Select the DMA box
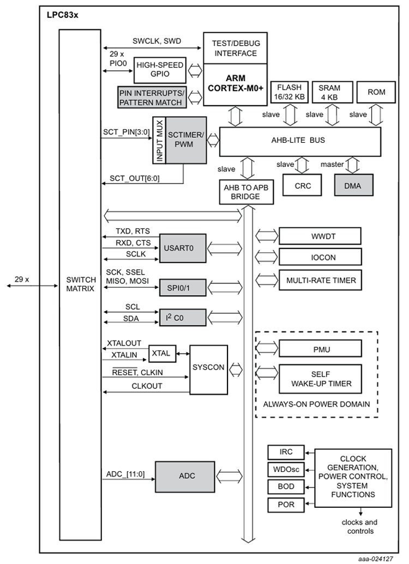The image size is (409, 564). [x=354, y=186]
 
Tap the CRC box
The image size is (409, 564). [x=303, y=186]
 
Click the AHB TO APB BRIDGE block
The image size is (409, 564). [x=246, y=191]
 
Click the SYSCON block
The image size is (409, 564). [x=208, y=368]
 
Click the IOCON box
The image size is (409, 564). [x=320, y=257]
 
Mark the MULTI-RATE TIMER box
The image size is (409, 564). [x=320, y=281]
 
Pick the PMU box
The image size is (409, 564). [x=320, y=348]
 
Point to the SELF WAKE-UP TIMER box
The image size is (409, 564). [x=320, y=379]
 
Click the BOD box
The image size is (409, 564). [x=286, y=487]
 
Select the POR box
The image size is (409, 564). [x=286, y=505]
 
